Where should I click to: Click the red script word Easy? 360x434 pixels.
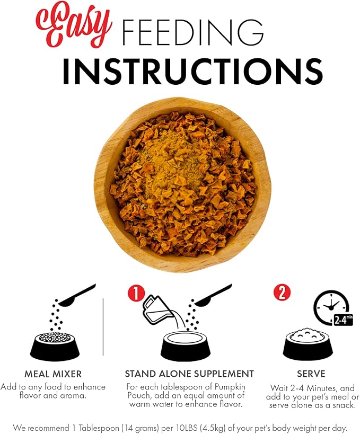click(74, 24)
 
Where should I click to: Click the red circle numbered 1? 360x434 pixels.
click(136, 293)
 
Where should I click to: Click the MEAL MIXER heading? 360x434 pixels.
click(53, 374)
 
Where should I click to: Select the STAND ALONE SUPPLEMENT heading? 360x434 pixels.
click(189, 374)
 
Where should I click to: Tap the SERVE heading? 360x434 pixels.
click(311, 374)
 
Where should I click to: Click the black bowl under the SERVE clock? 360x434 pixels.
click(308, 345)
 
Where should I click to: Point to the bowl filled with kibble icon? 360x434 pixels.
click(55, 346)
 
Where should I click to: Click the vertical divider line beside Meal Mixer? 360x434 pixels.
click(103, 326)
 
